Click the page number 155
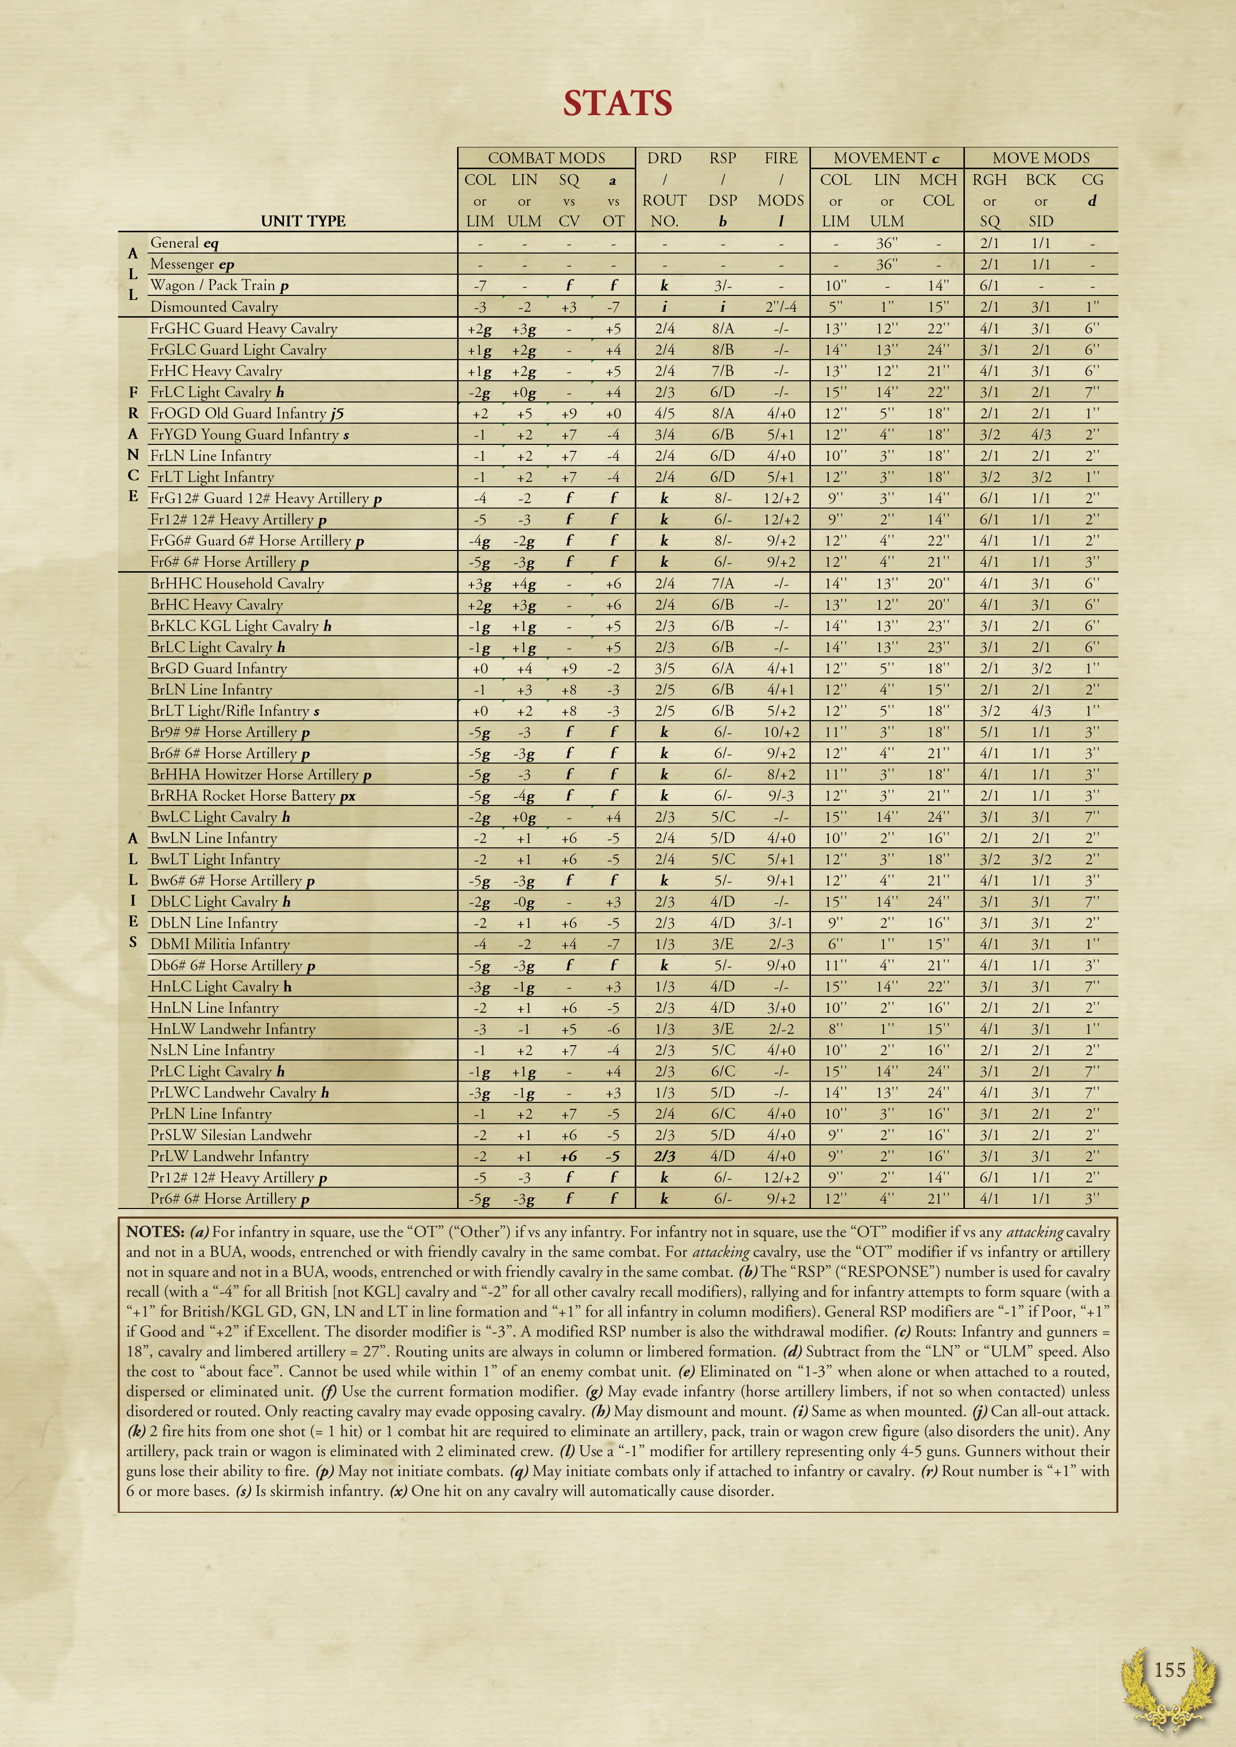pyautogui.click(x=1169, y=1671)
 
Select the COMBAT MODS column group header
pyautogui.click(x=546, y=158)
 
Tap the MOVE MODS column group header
pyautogui.click(x=1041, y=158)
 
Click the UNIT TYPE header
pyautogui.click(x=303, y=221)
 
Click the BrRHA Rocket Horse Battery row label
pyautogui.click(x=253, y=796)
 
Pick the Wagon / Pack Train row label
pyautogui.click(x=219, y=285)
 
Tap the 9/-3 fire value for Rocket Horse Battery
pyautogui.click(x=781, y=796)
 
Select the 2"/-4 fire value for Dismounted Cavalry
pyautogui.click(x=781, y=307)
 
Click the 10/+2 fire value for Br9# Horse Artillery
pyautogui.click(x=781, y=732)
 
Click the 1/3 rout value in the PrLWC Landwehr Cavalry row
pyautogui.click(x=664, y=1092)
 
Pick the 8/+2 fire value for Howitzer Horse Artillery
pyautogui.click(x=781, y=775)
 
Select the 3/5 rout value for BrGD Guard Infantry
pyautogui.click(x=664, y=669)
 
